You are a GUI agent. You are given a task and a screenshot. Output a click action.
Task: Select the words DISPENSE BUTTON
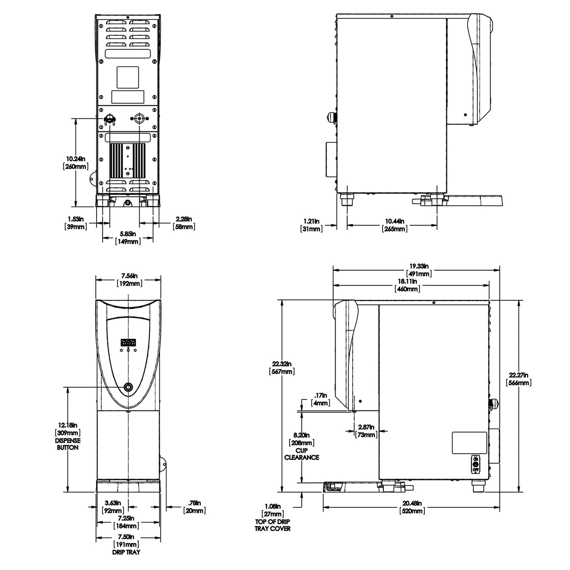pyautogui.click(x=68, y=444)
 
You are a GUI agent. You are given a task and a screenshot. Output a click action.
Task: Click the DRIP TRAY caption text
pyautogui.click(x=126, y=552)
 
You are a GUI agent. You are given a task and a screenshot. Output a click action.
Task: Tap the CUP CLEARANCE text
pyautogui.click(x=302, y=454)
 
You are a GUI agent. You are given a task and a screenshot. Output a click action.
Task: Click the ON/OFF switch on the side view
pyautogui.click(x=475, y=464)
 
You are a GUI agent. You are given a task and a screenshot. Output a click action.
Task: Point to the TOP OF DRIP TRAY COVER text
pyautogui.click(x=273, y=525)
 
